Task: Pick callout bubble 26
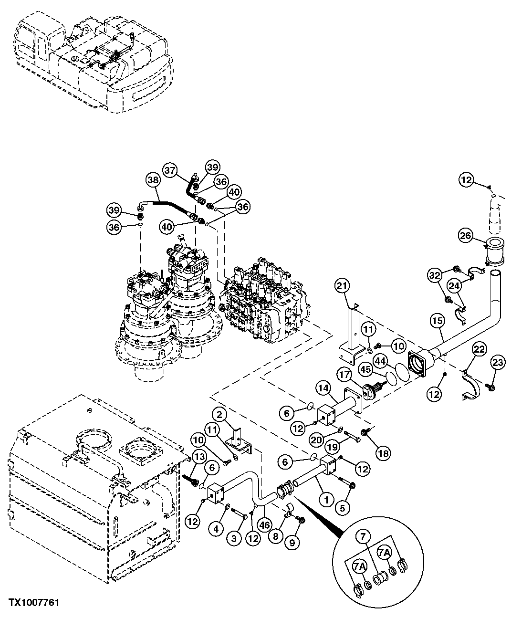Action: tap(466, 234)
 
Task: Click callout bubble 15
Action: tap(436, 323)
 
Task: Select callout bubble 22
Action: tap(479, 349)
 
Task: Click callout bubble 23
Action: tap(497, 363)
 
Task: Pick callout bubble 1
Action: tap(326, 500)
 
